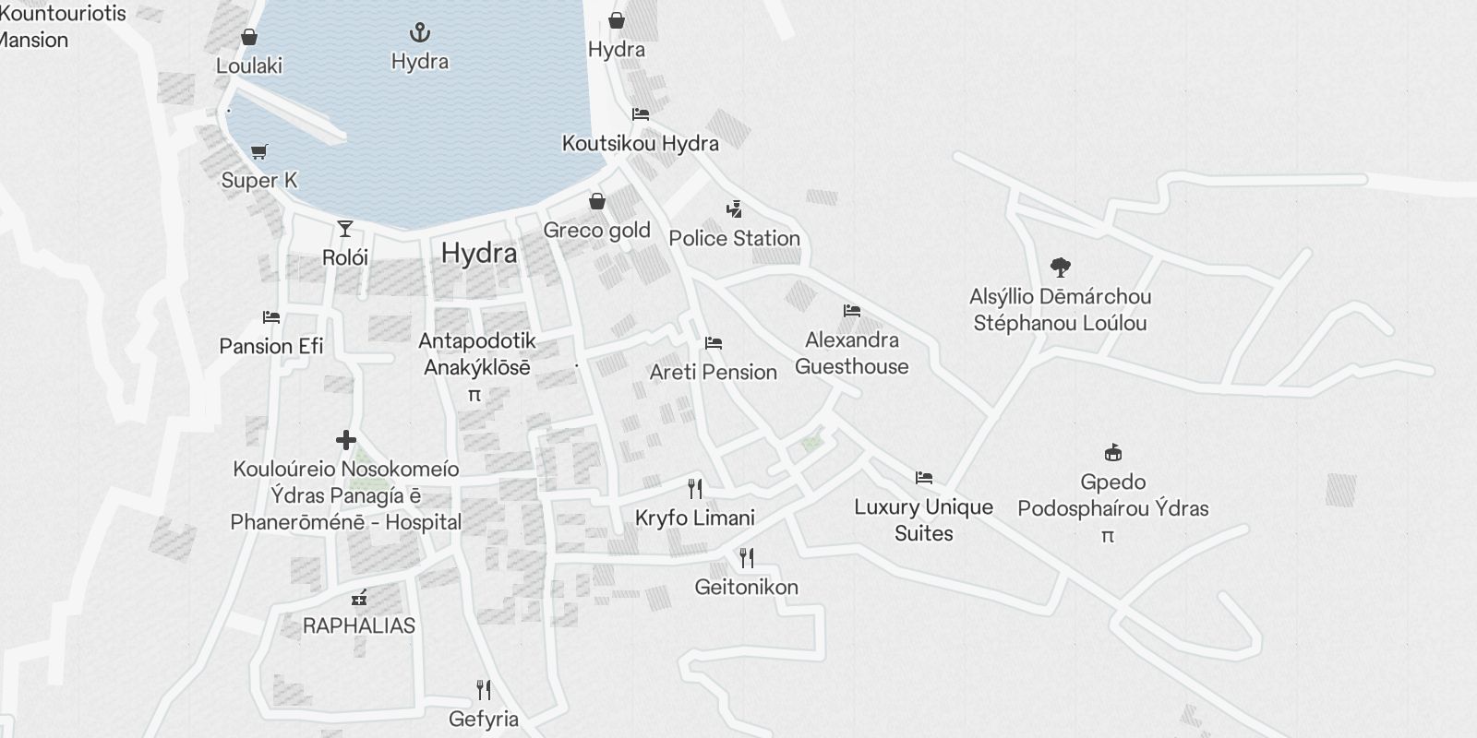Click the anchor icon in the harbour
[420, 34]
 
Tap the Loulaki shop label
[249, 65]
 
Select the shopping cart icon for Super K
[259, 151]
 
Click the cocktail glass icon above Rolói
[345, 228]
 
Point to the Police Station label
[734, 238]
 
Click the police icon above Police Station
[734, 209]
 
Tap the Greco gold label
[596, 230]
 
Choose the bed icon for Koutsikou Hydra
[641, 114]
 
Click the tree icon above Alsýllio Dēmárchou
[1061, 268]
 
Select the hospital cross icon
[346, 440]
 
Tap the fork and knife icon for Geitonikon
[747, 557]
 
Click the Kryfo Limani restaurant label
[695, 518]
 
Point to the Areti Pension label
[714, 372]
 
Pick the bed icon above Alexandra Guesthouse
[852, 311]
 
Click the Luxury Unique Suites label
[924, 519]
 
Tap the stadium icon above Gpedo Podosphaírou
[1113, 453]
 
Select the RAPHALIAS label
[359, 625]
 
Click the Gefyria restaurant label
[484, 719]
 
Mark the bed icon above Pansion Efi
[271, 317]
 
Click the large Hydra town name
[479, 253]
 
